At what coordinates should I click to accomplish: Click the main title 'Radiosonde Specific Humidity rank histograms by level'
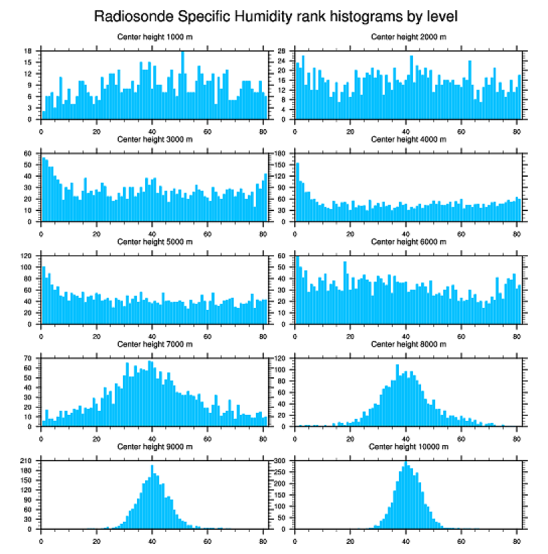click(275, 15)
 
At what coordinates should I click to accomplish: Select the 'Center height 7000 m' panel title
click(154, 344)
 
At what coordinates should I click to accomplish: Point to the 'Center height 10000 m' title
click(408, 446)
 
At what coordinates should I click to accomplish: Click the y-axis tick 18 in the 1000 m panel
click(29, 51)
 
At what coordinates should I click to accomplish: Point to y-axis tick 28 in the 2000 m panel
click(283, 51)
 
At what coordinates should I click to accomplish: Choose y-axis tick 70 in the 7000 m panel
click(29, 359)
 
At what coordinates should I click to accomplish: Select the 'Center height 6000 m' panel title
click(408, 242)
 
